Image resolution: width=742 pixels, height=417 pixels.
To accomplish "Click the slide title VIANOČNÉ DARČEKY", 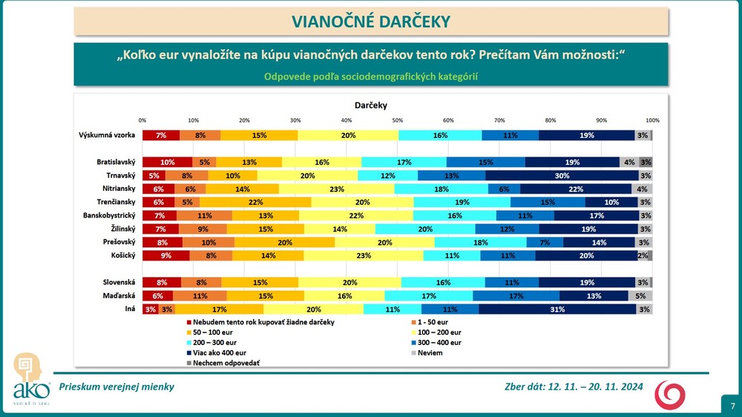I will pyautogui.click(x=371, y=22).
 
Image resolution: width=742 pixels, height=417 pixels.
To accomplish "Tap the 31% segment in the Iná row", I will pyautogui.click(x=556, y=309).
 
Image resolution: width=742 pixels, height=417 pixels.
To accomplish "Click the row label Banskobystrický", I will pyautogui.click(x=110, y=215).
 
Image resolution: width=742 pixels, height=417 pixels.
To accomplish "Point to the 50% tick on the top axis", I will pyautogui.click(x=397, y=120).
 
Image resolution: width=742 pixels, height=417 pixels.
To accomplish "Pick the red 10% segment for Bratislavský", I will pyautogui.click(x=167, y=162).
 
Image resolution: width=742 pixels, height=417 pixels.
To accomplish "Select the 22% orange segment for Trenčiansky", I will pyautogui.click(x=255, y=202).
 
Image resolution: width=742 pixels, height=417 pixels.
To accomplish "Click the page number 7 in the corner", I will pyautogui.click(x=732, y=406).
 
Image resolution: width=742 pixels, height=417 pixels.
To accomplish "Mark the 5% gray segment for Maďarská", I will pyautogui.click(x=641, y=295).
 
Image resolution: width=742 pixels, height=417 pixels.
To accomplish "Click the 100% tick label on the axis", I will pyautogui.click(x=652, y=120).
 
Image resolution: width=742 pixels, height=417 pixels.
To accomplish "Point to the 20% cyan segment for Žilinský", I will pyautogui.click(x=425, y=229).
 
